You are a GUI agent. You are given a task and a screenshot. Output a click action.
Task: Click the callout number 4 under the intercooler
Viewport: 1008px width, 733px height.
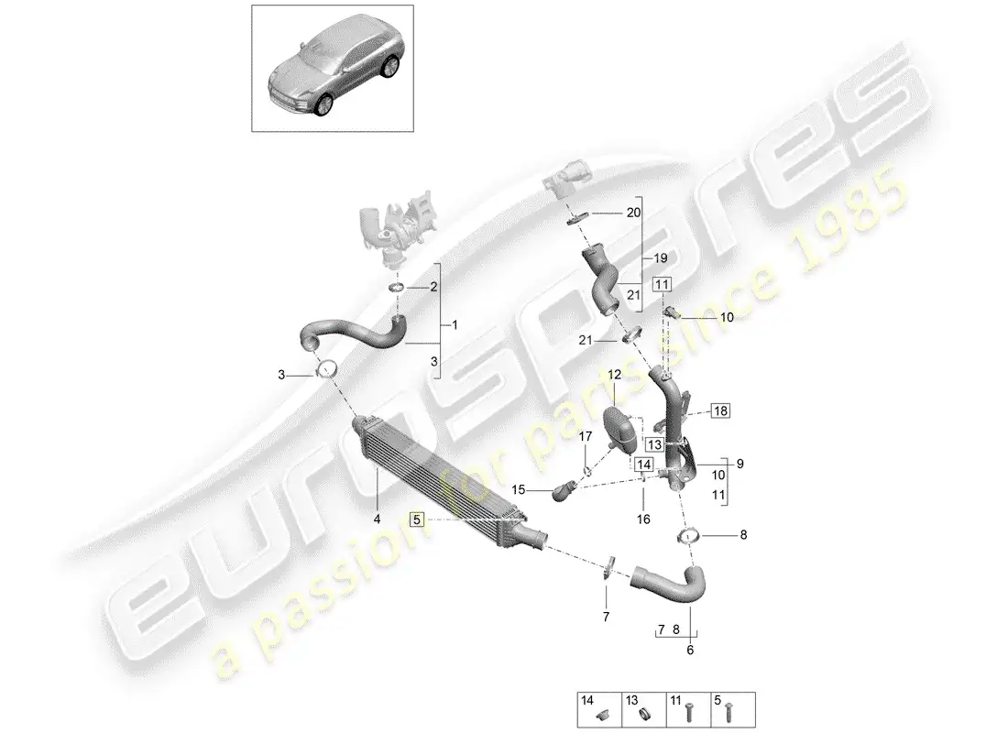377,520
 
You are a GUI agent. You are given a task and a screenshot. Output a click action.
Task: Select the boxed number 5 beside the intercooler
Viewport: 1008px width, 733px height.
418,519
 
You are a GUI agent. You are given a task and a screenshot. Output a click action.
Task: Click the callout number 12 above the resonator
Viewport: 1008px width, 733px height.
614,374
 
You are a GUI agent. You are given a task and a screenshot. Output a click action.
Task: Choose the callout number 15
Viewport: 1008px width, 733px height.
520,490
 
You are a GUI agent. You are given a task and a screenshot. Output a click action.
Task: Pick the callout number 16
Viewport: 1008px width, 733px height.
643,519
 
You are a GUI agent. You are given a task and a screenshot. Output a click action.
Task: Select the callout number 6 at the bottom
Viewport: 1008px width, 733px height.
690,651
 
